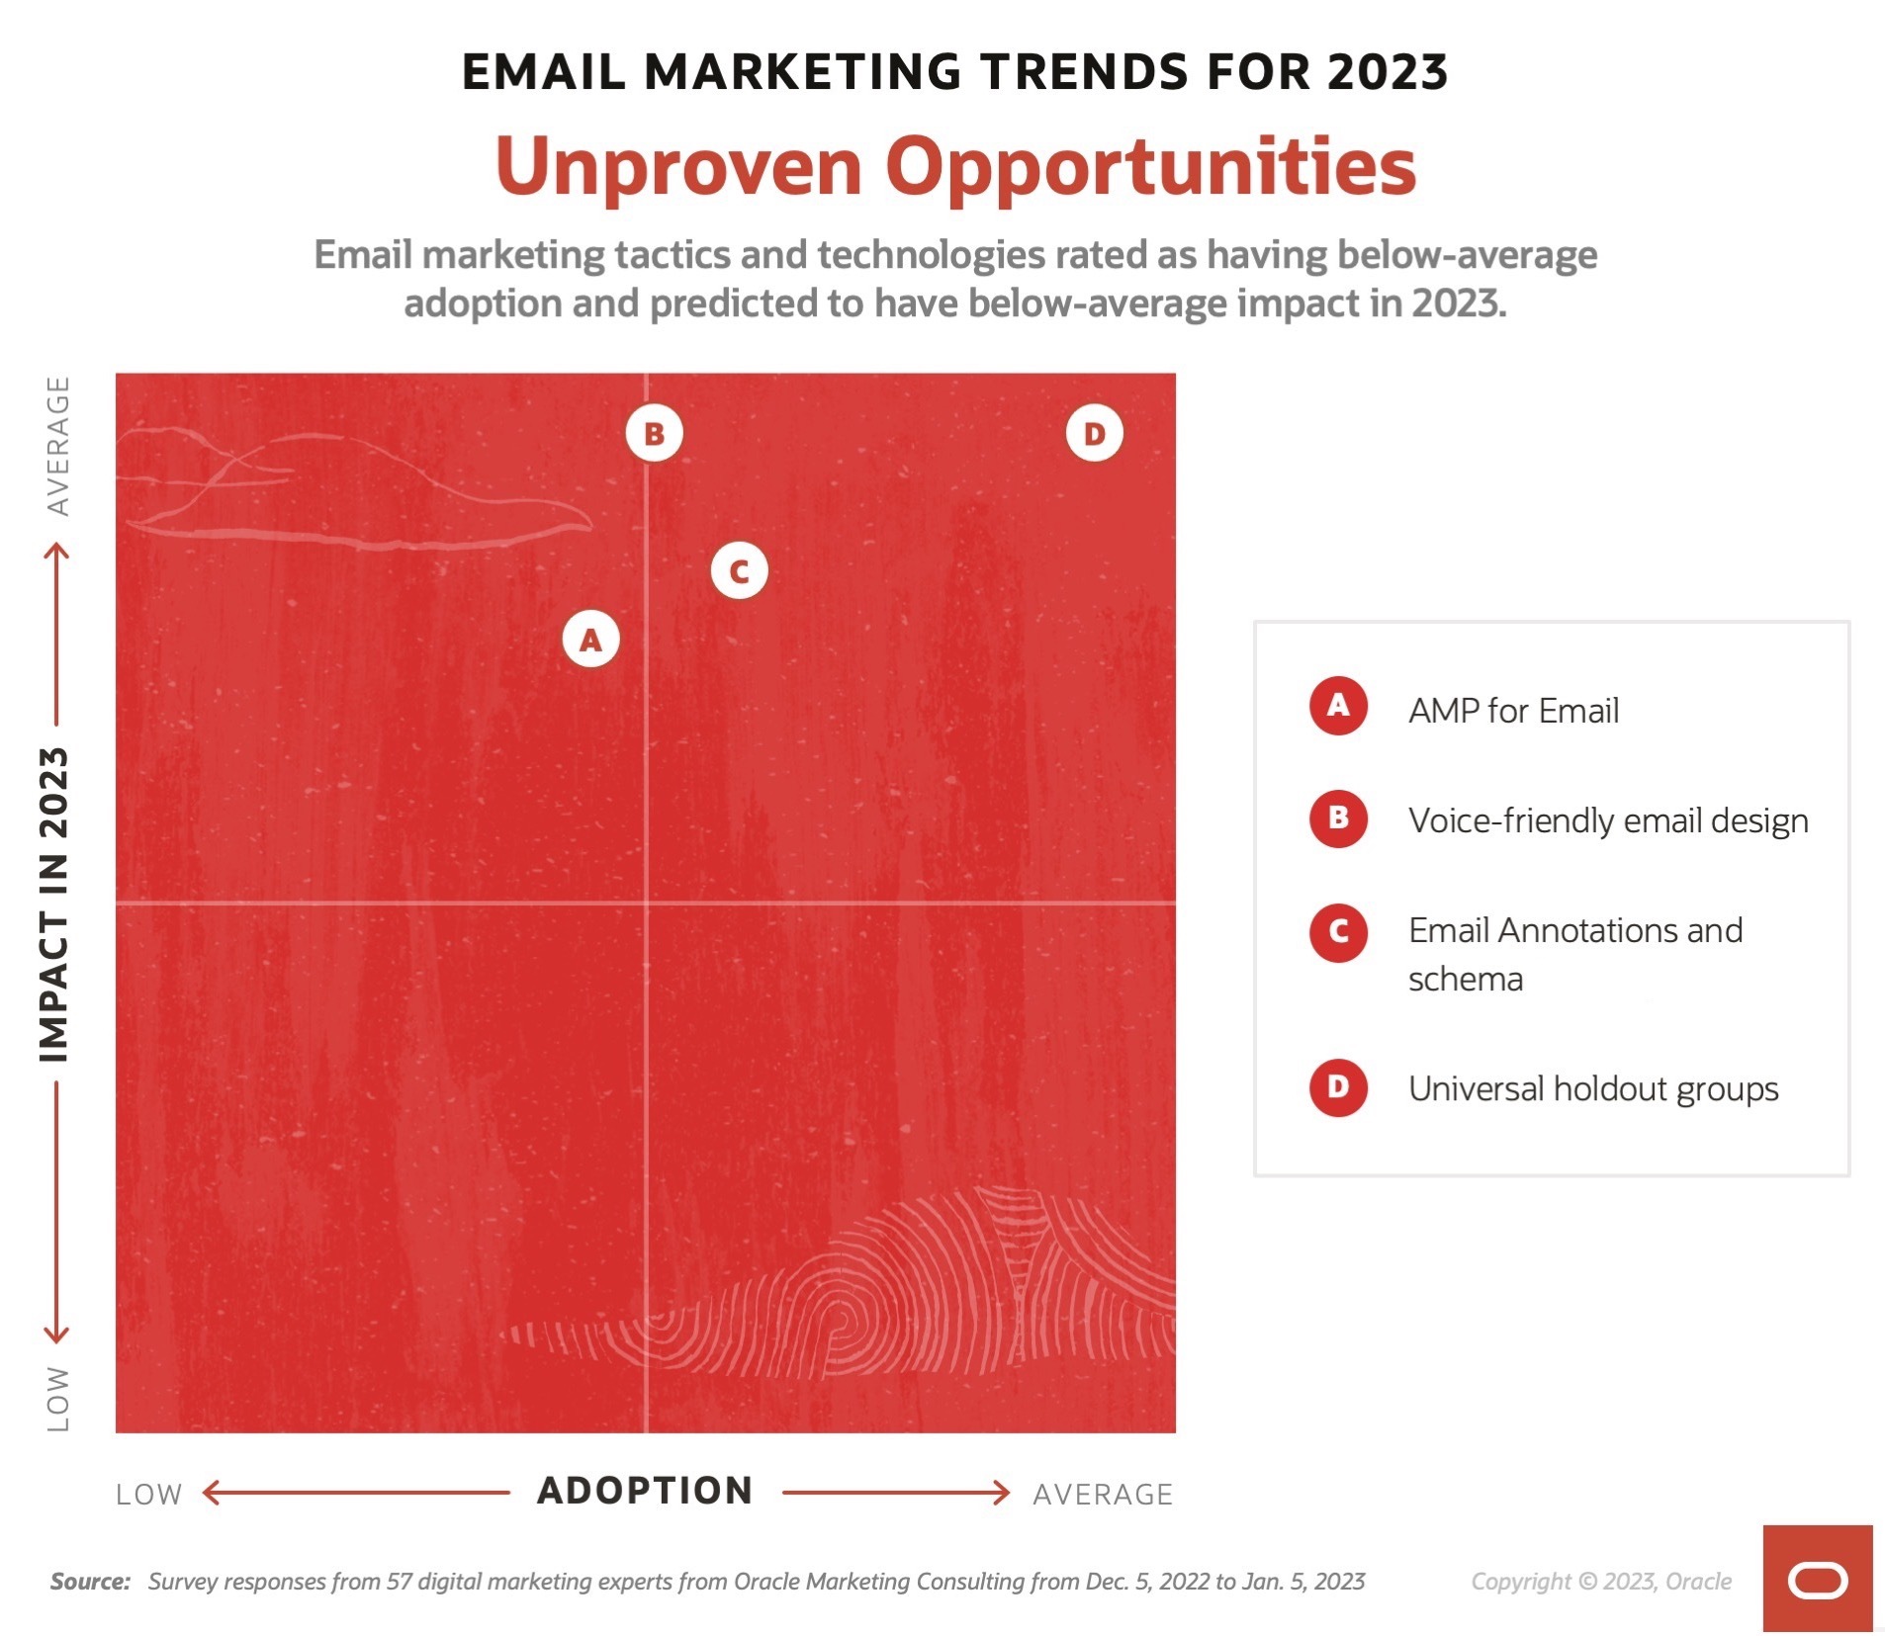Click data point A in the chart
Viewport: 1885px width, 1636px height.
tap(590, 640)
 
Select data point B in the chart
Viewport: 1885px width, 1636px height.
tap(654, 433)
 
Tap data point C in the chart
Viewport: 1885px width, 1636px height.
tap(739, 570)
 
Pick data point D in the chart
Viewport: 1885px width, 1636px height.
tap(1094, 433)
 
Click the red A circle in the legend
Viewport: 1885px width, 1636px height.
tap(1338, 706)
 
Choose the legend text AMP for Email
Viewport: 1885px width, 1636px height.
tap(1513, 710)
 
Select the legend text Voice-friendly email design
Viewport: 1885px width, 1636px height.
tap(1608, 820)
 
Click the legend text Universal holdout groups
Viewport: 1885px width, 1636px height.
tap(1593, 1088)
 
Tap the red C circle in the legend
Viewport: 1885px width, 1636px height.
tap(1338, 931)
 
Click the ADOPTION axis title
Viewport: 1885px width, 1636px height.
tap(645, 1491)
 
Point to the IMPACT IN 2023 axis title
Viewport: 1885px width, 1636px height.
tap(53, 904)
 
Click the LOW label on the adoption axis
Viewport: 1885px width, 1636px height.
tap(148, 1494)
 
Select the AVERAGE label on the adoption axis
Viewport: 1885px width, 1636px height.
tap(1103, 1494)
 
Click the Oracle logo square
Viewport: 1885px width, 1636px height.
tap(1817, 1578)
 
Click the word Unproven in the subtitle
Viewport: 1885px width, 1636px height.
tap(678, 166)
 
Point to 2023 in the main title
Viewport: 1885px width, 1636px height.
tap(1388, 72)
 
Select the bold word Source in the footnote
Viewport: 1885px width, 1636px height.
tap(90, 1581)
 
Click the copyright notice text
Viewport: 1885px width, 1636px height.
tap(1601, 1582)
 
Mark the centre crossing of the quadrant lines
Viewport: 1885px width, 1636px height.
tap(646, 903)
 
